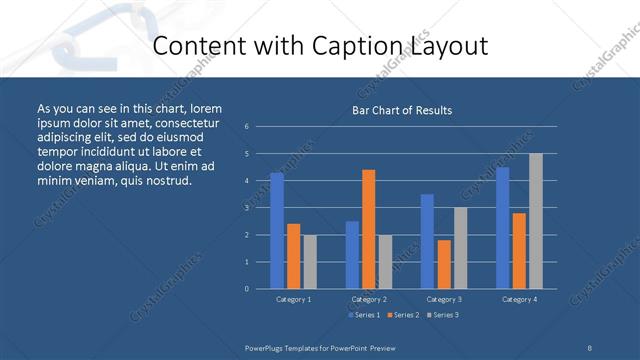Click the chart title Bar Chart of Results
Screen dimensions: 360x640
point(401,110)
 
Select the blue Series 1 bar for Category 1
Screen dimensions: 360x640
point(277,231)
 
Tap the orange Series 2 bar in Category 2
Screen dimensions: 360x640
point(369,229)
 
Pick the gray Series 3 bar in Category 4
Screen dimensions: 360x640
point(536,221)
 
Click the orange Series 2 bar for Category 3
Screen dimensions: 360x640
point(444,264)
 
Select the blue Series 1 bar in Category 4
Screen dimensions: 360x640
point(503,228)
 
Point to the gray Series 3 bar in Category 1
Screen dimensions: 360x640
point(310,262)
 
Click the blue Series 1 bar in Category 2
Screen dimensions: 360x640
point(352,255)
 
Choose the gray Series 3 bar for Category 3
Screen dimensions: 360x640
point(460,248)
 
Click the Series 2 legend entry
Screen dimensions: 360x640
point(403,315)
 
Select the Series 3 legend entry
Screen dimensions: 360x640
point(443,315)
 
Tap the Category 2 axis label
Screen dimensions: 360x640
point(368,299)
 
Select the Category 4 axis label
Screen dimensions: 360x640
point(518,299)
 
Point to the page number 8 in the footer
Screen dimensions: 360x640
point(590,347)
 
